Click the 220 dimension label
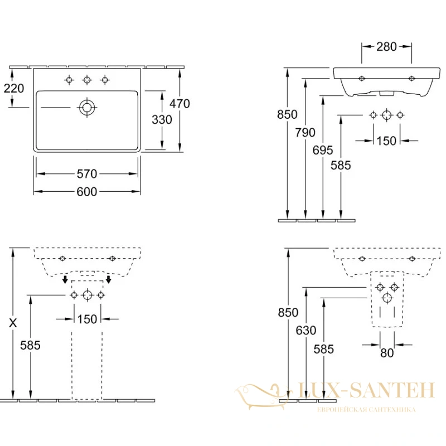(13, 89)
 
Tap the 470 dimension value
(180, 104)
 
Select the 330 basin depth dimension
(162, 119)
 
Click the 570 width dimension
(87, 174)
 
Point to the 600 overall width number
(87, 192)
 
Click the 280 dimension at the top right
(386, 47)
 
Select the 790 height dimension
(305, 132)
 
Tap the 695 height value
(323, 150)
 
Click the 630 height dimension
(306, 330)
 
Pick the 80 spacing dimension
(387, 353)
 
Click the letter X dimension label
(13, 323)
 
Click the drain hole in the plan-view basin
(87, 108)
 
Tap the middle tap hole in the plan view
(87, 80)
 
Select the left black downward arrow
(65, 279)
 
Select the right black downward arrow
(108, 279)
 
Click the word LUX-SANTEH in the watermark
(366, 390)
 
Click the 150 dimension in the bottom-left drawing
(87, 319)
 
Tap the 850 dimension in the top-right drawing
(287, 114)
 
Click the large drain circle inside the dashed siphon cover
(387, 298)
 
